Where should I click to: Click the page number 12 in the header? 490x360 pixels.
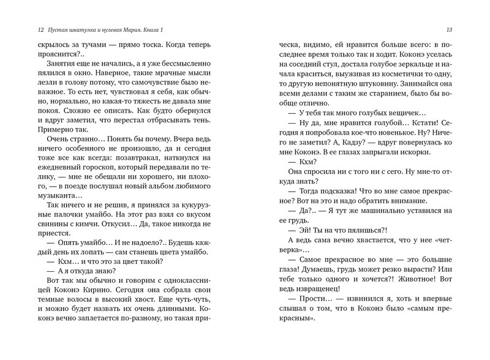(23, 30)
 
